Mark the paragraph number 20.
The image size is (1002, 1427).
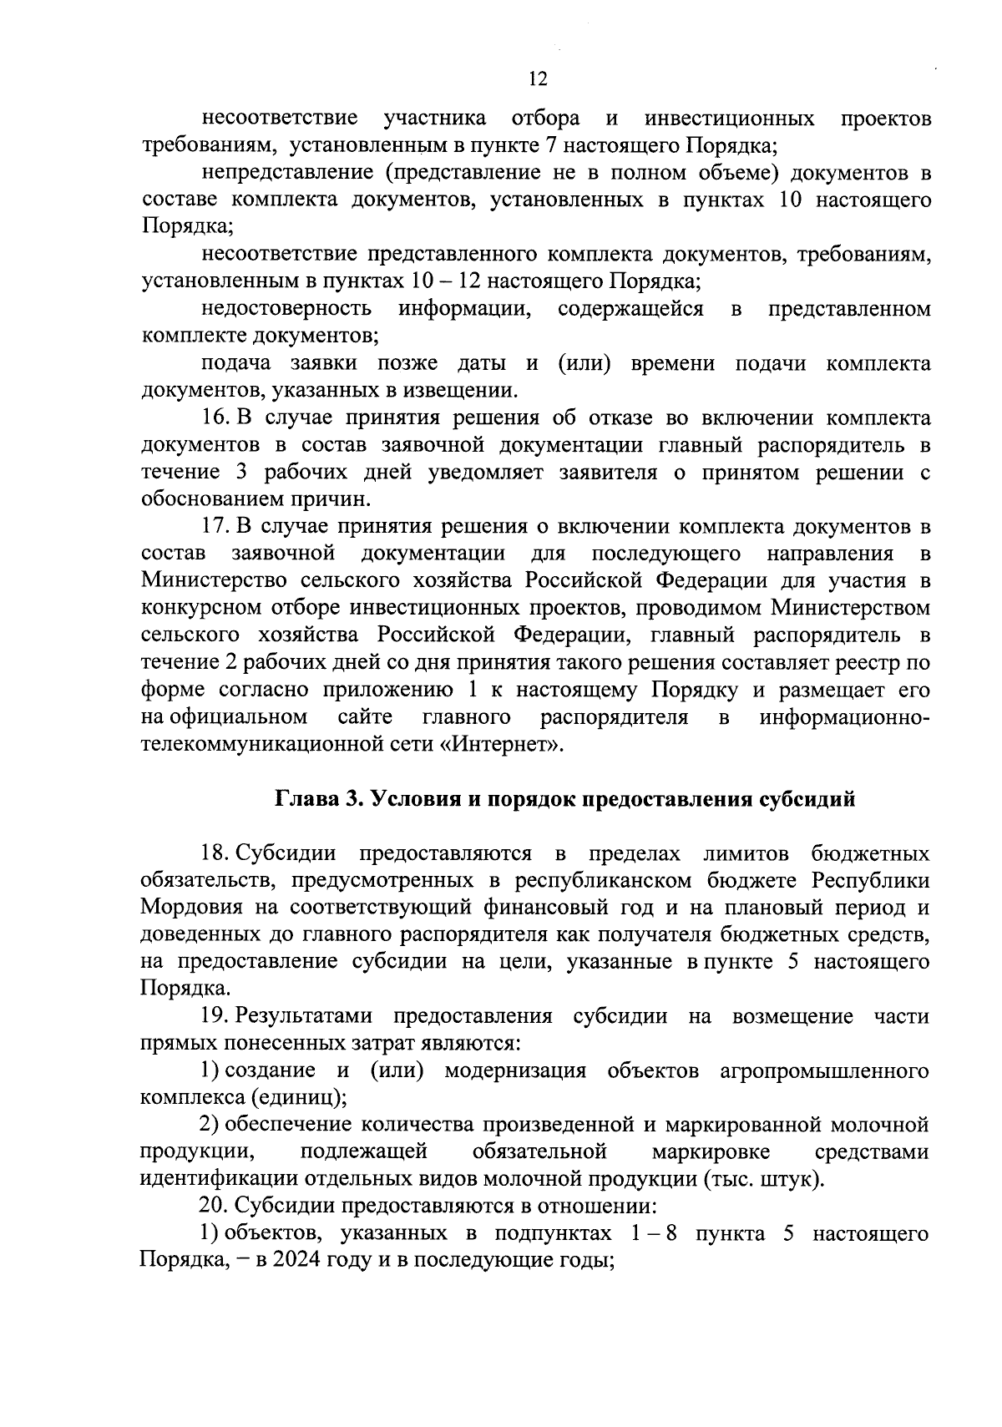pos(215,1206)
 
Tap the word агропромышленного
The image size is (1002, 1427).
pos(825,1070)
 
